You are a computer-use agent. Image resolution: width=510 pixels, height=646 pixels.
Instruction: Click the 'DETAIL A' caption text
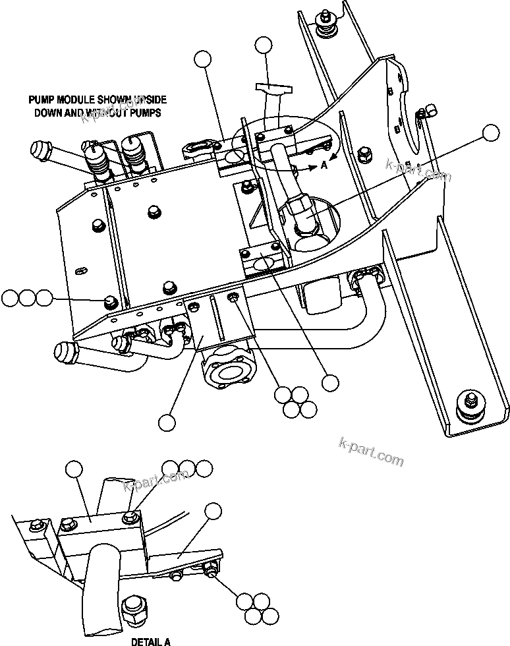[x=150, y=641]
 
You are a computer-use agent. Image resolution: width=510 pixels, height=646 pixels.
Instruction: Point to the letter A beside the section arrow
[x=324, y=166]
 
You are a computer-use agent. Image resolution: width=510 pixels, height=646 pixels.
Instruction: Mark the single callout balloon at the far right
[x=491, y=133]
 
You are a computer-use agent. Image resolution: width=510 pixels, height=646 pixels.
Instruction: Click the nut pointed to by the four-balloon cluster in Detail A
[x=212, y=570]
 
